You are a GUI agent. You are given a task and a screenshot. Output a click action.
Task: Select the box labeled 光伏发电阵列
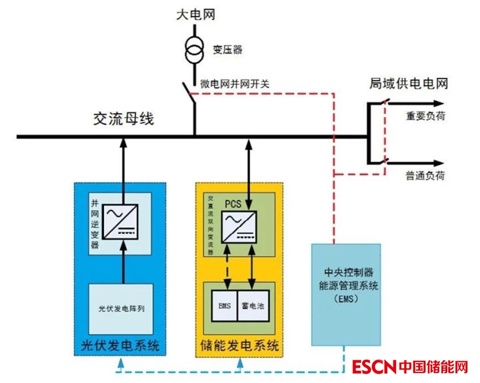(x=122, y=308)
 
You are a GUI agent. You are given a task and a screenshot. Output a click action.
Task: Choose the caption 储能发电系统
(x=239, y=347)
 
